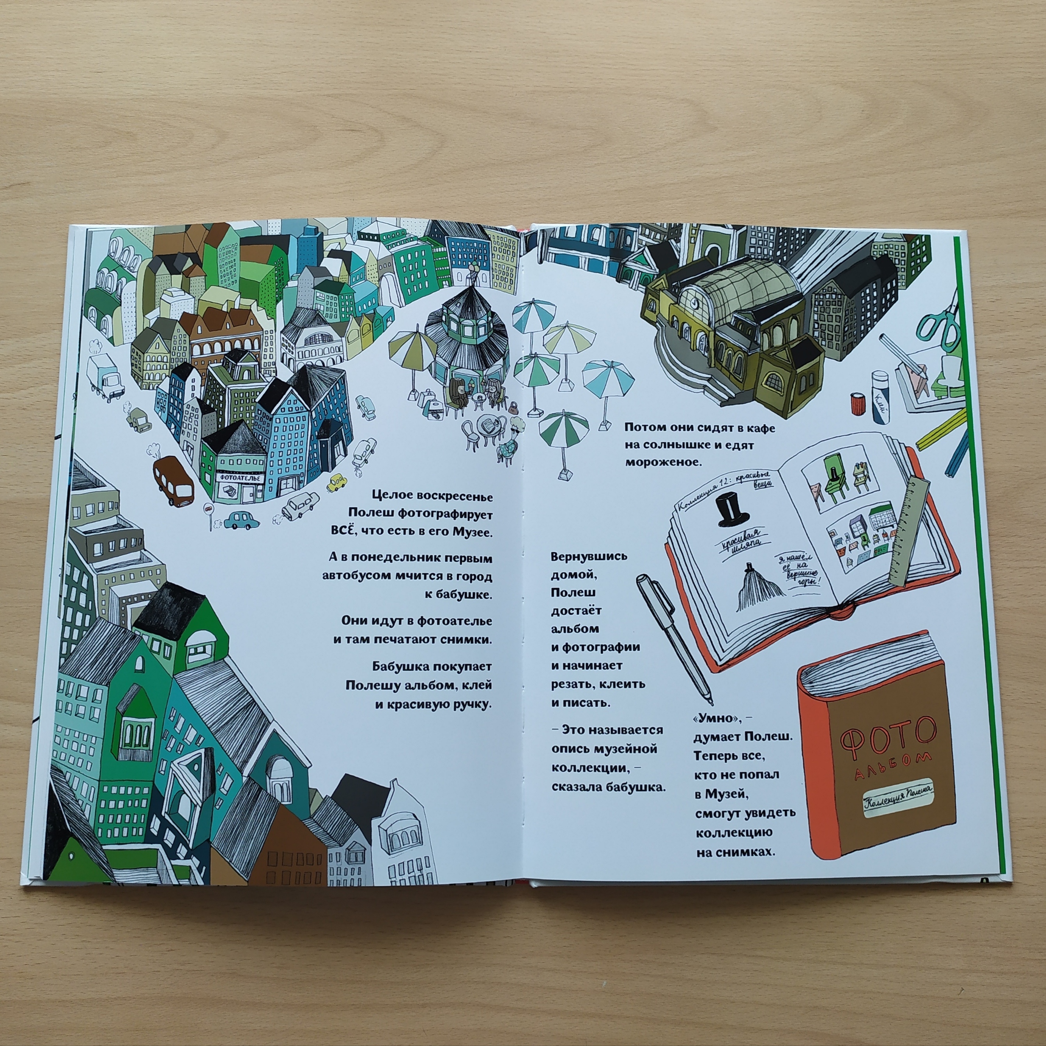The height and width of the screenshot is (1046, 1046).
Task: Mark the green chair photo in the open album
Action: (834, 476)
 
